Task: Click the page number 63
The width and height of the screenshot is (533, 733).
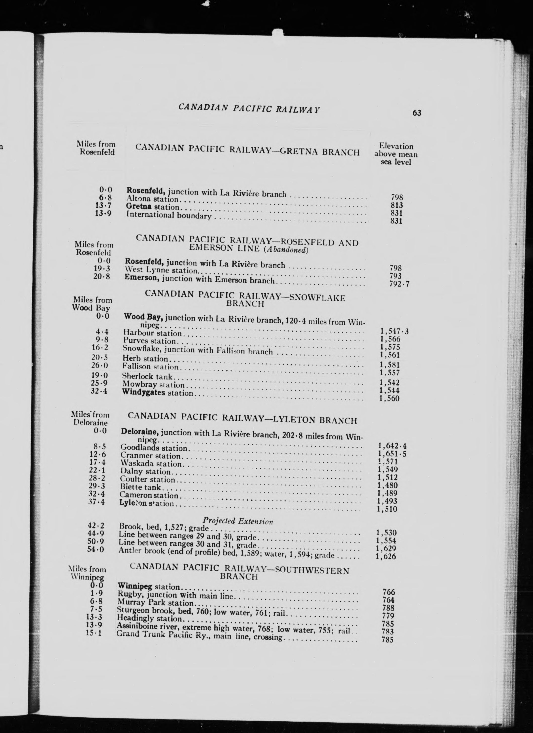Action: point(417,113)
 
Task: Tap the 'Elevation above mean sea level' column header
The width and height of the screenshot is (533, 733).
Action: point(396,154)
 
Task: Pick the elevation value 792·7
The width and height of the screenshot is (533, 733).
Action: point(399,284)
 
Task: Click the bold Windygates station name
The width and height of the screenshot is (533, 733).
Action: point(143,392)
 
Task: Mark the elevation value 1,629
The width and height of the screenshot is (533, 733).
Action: point(386,548)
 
